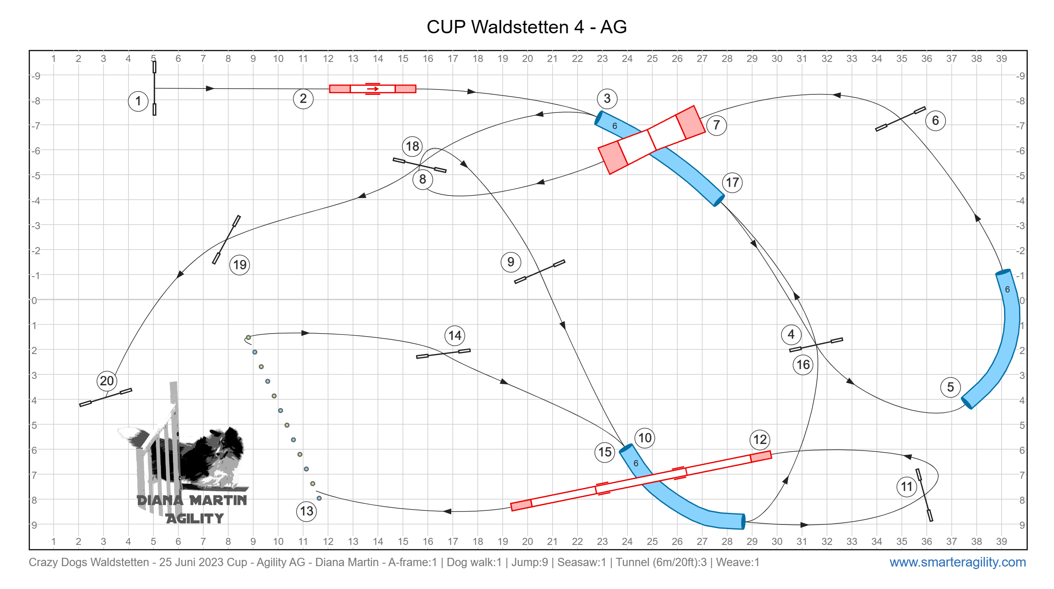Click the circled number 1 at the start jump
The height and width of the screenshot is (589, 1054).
(138, 101)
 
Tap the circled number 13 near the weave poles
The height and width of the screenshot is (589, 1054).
(306, 511)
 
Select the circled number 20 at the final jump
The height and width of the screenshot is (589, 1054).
(107, 381)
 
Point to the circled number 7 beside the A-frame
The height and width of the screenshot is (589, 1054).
(716, 125)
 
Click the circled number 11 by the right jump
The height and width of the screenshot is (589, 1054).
(907, 487)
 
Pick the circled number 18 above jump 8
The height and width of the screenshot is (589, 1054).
(412, 146)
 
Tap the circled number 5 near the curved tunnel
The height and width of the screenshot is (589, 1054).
(950, 387)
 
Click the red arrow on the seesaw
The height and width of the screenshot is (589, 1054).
(373, 89)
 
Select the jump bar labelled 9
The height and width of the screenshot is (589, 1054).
(540, 272)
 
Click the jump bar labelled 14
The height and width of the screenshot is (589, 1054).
(443, 354)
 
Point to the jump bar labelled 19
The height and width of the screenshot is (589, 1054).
(226, 240)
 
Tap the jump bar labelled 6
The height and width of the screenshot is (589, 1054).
(900, 119)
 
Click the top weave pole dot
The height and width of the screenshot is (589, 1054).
(248, 338)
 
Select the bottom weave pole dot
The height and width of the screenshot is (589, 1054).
(319, 498)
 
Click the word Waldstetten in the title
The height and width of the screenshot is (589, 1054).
(520, 27)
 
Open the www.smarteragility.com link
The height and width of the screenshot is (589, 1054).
(958, 562)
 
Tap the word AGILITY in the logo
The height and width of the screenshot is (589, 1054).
(195, 518)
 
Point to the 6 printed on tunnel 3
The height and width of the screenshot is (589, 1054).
(615, 126)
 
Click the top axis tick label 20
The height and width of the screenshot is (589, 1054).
(527, 59)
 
